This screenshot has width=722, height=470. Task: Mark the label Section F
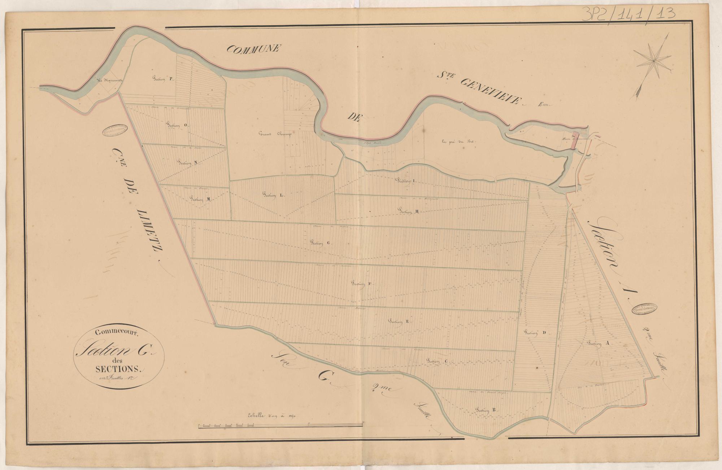coord(362,284)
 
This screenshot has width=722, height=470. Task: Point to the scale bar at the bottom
coord(281,426)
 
